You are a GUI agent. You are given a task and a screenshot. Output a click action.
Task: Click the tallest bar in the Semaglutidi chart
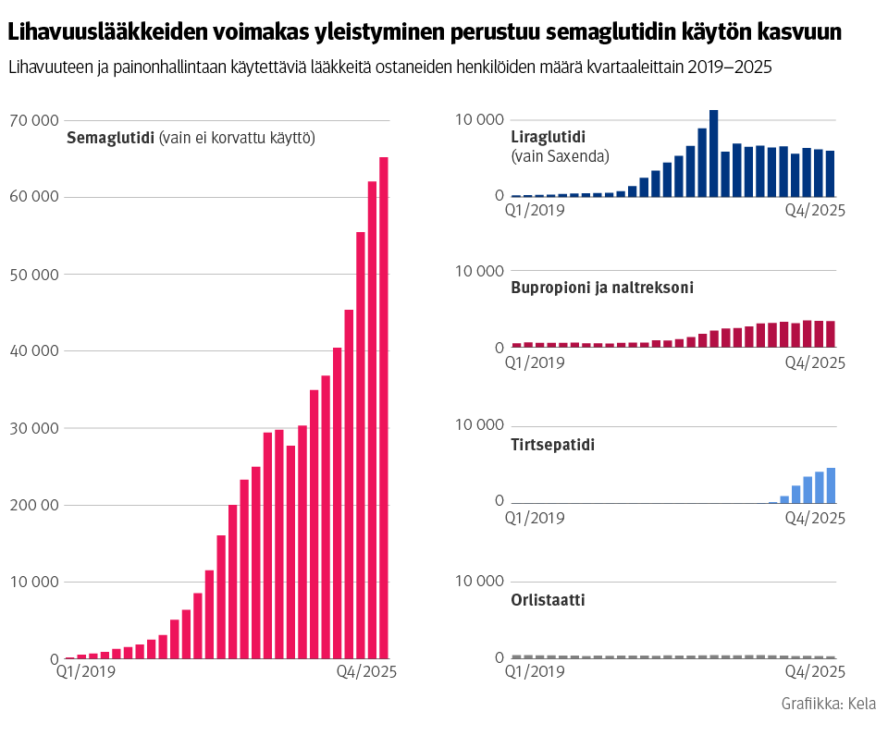[384, 407]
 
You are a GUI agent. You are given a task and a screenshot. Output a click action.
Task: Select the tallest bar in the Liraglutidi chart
[713, 153]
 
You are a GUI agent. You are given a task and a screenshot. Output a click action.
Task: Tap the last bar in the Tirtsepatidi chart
[831, 485]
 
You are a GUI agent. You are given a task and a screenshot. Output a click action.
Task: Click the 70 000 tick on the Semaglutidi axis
[33, 120]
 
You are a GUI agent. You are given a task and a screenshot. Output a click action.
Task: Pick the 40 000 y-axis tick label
[33, 351]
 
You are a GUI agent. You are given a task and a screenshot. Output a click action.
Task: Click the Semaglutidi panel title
[110, 139]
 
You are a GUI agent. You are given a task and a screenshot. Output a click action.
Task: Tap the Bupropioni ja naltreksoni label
[602, 288]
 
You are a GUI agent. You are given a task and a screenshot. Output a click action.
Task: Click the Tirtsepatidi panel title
[552, 445]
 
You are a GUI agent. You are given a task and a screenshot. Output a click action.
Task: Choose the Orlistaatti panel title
[548, 600]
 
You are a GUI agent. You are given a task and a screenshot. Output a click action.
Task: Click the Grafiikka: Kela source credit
[828, 704]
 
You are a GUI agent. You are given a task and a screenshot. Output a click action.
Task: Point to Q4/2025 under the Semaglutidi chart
[364, 672]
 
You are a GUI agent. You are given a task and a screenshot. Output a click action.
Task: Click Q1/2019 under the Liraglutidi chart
[534, 209]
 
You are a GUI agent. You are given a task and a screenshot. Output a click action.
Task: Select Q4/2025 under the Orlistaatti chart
[815, 672]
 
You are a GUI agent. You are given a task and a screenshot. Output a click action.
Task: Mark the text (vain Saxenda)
[560, 156]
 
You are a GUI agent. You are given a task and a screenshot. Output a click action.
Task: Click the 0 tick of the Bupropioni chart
[499, 348]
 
